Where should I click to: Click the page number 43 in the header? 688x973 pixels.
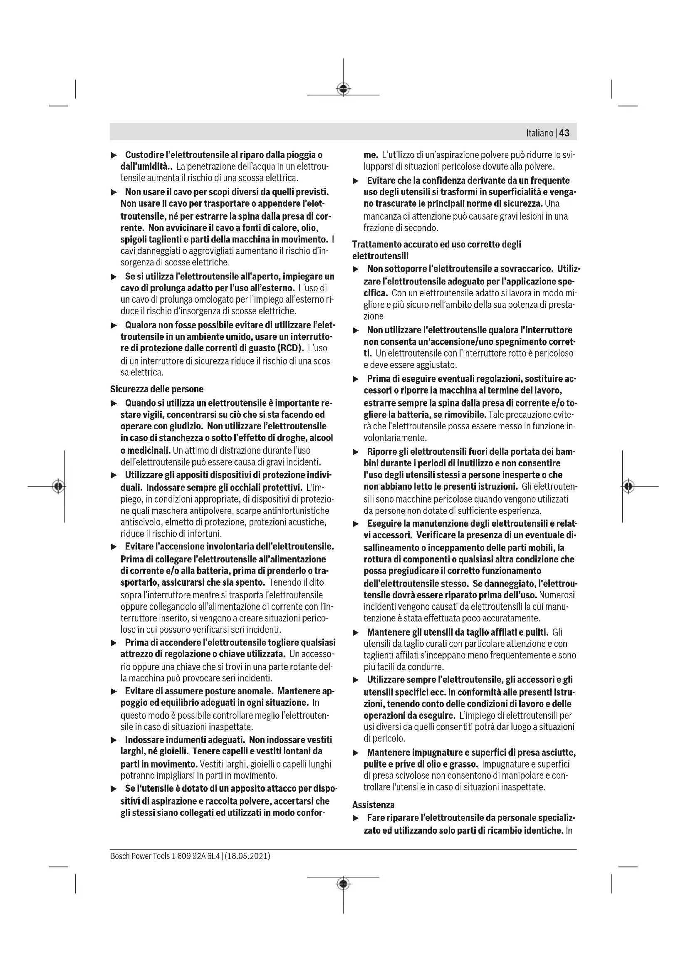point(564,133)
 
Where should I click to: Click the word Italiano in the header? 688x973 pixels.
point(540,133)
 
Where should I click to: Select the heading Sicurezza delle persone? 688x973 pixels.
point(157,389)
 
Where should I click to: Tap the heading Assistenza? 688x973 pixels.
point(373,805)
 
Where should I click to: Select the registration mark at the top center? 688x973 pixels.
point(343,89)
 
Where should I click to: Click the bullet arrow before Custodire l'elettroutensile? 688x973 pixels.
point(114,156)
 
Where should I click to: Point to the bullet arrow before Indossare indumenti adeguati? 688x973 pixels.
point(114,740)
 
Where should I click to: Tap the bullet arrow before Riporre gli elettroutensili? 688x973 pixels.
point(356,452)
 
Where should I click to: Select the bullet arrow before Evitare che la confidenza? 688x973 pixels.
point(356,181)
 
